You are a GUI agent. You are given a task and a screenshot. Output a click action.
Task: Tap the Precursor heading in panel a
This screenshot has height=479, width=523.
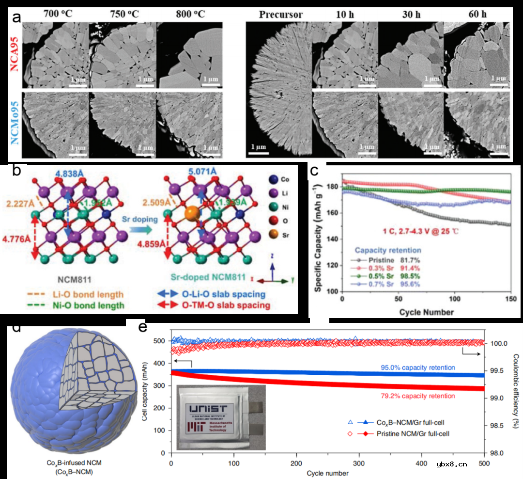click(x=280, y=15)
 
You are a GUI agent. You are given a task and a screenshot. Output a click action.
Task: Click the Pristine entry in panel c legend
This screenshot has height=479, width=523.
click(x=377, y=260)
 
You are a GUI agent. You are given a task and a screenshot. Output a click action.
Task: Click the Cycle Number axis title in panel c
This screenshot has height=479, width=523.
click(x=426, y=312)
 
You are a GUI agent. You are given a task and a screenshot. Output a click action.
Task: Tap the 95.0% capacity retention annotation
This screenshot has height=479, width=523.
click(x=419, y=367)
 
